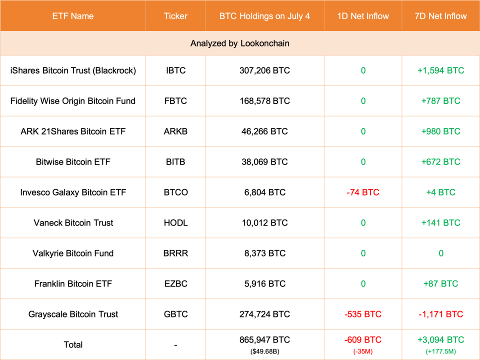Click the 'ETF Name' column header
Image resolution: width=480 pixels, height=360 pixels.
[x=72, y=16]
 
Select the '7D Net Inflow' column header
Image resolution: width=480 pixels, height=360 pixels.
[x=440, y=16]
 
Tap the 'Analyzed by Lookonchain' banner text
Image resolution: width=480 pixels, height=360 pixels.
[x=240, y=43]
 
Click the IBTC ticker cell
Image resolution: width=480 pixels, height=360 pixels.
[x=175, y=70]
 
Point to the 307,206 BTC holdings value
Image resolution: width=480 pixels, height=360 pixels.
[x=264, y=70]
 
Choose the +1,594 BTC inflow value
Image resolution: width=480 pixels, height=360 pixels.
[x=440, y=70]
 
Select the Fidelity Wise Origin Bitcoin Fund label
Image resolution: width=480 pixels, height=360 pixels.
[x=73, y=101]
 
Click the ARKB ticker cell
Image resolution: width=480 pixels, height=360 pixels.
[x=175, y=131]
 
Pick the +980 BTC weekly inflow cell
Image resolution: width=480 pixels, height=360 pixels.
[x=440, y=131]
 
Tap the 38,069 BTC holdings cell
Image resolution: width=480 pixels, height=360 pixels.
[x=264, y=162]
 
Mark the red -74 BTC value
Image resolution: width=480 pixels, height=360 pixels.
[x=363, y=192]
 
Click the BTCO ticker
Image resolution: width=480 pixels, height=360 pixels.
[x=175, y=192]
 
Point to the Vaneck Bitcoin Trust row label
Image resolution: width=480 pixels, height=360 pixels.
[x=73, y=223]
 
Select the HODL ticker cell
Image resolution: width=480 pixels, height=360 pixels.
[x=175, y=223]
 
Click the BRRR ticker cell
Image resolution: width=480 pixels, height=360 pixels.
[x=175, y=253]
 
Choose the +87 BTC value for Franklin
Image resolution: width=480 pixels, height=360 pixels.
[x=440, y=284]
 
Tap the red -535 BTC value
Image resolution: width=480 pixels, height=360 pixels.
[x=363, y=314]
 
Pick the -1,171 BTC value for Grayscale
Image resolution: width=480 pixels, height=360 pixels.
[x=440, y=314]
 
